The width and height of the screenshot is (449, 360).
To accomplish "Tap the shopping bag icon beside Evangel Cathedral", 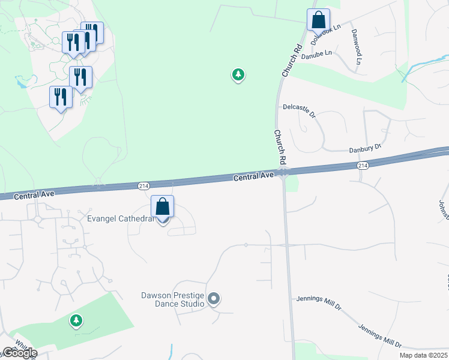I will (x=162, y=208).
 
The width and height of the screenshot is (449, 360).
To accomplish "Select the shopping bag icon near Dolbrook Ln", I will (x=318, y=20).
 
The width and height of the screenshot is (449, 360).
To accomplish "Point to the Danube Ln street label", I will (x=316, y=54).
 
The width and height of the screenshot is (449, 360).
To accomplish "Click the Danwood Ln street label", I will (x=357, y=46).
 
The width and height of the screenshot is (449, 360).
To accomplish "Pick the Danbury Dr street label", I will (x=366, y=148).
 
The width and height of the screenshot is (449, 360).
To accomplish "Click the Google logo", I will (x=20, y=352).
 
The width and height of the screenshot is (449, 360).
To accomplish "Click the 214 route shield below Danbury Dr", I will (x=362, y=165).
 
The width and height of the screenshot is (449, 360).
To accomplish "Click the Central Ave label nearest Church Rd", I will (x=253, y=176).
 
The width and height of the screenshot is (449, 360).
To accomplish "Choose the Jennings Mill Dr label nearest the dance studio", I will (x=319, y=303).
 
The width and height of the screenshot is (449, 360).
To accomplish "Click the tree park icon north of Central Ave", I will (x=239, y=75).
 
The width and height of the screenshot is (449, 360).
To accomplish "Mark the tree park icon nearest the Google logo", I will (x=76, y=321).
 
